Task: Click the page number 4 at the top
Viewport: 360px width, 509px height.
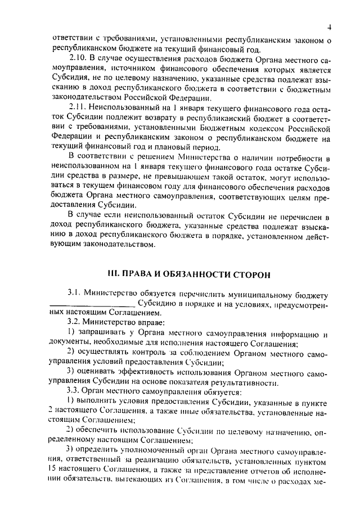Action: pos(330,27)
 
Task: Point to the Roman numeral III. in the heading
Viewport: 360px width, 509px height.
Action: pos(115,274)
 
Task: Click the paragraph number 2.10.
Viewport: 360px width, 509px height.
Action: pos(78,57)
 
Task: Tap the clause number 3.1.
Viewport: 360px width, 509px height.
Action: pos(75,294)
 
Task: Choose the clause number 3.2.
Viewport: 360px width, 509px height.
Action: pos(75,322)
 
